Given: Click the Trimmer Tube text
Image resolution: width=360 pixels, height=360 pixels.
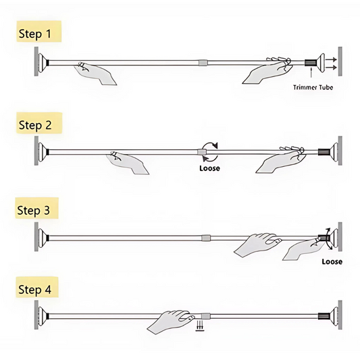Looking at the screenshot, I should pos(313,87).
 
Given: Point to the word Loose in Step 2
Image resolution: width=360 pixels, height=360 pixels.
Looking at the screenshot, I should pos(209,168).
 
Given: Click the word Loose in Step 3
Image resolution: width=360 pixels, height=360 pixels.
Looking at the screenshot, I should pos(332,261).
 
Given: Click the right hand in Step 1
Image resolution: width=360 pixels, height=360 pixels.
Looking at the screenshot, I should pos(265,71).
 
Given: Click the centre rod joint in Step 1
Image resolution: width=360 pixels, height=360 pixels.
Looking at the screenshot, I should pos(203,63).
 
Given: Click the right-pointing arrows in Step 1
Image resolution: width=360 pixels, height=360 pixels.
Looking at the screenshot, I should pos(330,63).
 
